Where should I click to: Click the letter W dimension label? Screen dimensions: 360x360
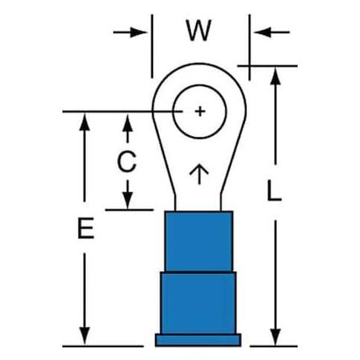pyautogui.click(x=199, y=30)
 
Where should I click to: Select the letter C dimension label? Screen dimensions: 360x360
pyautogui.click(x=127, y=161)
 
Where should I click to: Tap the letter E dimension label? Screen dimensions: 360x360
pyautogui.click(x=86, y=228)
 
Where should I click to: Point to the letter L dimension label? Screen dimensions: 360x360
pyautogui.click(x=274, y=190)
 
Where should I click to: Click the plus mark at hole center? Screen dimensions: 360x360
pyautogui.click(x=200, y=111)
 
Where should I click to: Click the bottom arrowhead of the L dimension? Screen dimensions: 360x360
pyautogui.click(x=275, y=337)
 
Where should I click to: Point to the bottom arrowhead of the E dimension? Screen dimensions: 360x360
pyautogui.click(x=85, y=336)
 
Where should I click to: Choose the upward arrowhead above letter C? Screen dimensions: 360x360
pyautogui.click(x=128, y=122)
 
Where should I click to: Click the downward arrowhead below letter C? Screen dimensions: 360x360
pyautogui.click(x=128, y=200)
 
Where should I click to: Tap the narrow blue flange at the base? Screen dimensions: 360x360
pyautogui.click(x=198, y=340)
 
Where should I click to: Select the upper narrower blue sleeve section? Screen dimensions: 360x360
pyautogui.click(x=199, y=241)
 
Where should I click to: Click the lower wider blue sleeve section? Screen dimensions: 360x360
pyautogui.click(x=198, y=303)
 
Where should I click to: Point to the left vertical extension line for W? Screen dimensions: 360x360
pyautogui.click(x=152, y=46)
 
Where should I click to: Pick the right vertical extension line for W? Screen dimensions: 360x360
pyautogui.click(x=249, y=48)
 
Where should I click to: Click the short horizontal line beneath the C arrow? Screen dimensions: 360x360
pyautogui.click(x=129, y=210)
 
